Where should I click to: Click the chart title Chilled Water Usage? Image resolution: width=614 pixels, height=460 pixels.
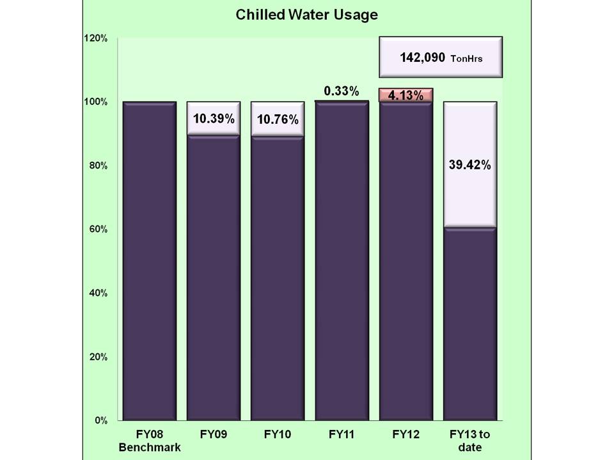[306, 14]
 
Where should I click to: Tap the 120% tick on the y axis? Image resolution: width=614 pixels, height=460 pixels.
[95, 38]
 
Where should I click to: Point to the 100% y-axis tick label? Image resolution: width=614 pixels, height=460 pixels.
[95, 102]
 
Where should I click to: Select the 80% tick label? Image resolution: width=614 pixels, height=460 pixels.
[97, 165]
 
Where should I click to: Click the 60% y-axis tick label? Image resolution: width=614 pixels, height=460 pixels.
[97, 229]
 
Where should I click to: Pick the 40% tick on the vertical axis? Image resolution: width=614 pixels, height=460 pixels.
[97, 293]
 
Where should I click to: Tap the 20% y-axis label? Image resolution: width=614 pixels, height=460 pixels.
[97, 356]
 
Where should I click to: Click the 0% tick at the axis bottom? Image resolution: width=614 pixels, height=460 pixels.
[100, 420]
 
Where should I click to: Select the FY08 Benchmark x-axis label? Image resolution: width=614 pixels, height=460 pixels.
[150, 441]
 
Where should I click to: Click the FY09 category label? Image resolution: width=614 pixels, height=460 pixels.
[214, 434]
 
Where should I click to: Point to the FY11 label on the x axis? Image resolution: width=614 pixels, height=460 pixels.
[342, 434]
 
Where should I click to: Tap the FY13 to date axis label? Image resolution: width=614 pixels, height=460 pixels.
[470, 441]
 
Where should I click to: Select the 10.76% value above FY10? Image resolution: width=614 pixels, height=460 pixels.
[278, 119]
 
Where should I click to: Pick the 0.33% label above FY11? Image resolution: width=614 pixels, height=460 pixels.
[342, 91]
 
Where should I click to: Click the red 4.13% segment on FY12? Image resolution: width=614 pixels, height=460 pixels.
[406, 95]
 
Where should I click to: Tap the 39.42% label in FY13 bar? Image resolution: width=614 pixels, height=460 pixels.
[470, 165]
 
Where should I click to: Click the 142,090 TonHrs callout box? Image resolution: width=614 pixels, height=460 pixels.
[441, 57]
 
